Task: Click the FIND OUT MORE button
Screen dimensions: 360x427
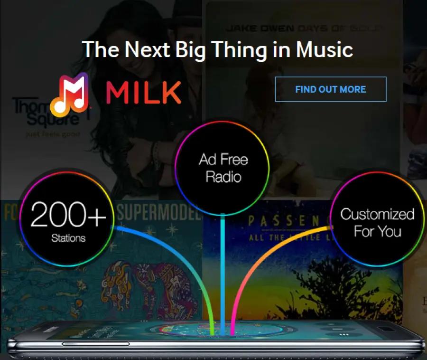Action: point(331,89)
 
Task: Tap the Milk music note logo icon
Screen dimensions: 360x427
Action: point(70,95)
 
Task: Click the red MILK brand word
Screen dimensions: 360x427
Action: point(143,92)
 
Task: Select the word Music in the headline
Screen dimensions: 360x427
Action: point(324,49)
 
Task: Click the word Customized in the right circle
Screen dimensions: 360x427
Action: point(377,214)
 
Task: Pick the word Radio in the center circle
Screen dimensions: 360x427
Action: point(223,177)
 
